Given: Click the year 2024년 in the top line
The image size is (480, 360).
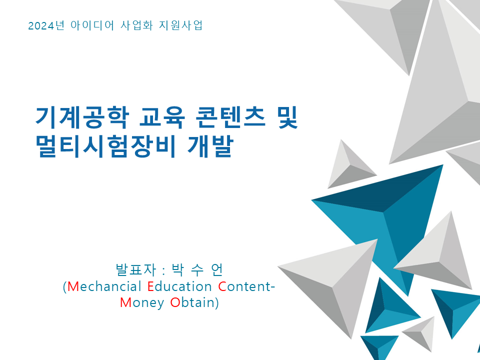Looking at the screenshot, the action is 46,25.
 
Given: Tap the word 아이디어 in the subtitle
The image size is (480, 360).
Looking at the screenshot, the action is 92,25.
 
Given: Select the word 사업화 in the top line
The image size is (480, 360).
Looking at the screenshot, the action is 136,25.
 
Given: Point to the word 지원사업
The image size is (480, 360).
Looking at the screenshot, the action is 180,25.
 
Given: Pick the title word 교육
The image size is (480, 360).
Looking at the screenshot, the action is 162,117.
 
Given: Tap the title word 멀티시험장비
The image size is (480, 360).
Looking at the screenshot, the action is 106,146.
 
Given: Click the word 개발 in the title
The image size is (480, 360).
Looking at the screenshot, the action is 210,146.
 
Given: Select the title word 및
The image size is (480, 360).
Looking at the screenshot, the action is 288,117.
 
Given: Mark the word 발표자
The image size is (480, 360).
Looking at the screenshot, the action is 136,269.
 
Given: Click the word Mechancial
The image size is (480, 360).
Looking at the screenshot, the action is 104,286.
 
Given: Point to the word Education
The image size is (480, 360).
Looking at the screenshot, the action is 179,286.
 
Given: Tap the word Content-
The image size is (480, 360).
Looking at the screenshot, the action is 246,286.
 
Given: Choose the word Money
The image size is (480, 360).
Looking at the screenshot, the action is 142,303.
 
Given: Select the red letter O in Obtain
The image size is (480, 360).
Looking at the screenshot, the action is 175,302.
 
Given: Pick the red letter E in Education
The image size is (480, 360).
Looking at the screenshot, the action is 150,286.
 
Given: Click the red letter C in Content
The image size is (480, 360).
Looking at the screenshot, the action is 222,286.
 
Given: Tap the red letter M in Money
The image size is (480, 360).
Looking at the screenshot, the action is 125,302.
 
